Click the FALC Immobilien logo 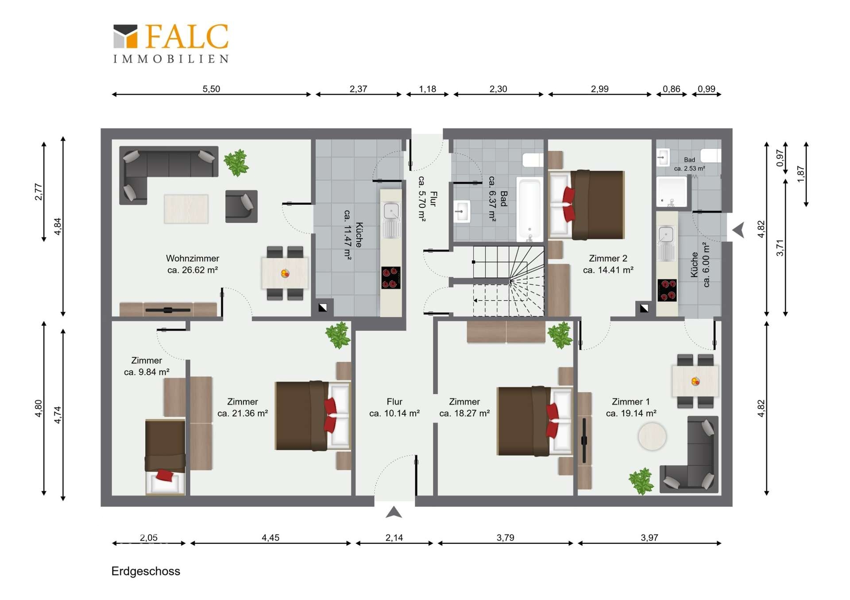pyautogui.click(x=171, y=43)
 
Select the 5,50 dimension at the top pyautogui.click(x=211, y=89)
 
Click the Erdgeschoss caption pyautogui.click(x=146, y=571)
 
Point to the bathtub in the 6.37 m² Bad pyautogui.click(x=530, y=209)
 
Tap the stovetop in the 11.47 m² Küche pyautogui.click(x=391, y=278)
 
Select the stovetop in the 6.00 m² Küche pyautogui.click(x=667, y=290)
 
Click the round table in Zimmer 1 pyautogui.click(x=652, y=436)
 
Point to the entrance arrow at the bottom pyautogui.click(x=394, y=512)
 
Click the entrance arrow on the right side pyautogui.click(x=738, y=230)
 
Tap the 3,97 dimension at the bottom pyautogui.click(x=649, y=538)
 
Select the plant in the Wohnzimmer pyautogui.click(x=236, y=163)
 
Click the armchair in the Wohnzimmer pyautogui.click(x=241, y=206)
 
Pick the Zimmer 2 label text pyautogui.click(x=608, y=258)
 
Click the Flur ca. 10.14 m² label pyautogui.click(x=394, y=407)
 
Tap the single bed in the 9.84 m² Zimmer pyautogui.click(x=165, y=456)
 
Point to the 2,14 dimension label pyautogui.click(x=394, y=538)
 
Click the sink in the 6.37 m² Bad pyautogui.click(x=462, y=211)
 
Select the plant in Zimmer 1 pyautogui.click(x=641, y=482)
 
